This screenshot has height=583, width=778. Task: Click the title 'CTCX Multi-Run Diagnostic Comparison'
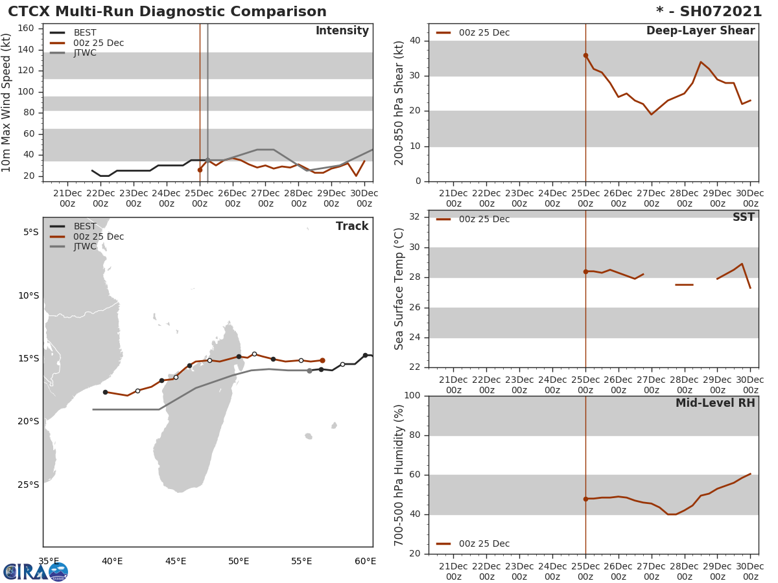[167, 12]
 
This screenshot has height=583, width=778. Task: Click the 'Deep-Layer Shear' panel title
[700, 31]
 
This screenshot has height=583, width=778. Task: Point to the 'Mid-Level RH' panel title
[714, 403]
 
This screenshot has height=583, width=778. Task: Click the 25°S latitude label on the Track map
[29, 485]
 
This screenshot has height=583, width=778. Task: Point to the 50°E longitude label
[239, 561]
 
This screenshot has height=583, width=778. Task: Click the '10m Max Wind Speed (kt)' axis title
[7, 102]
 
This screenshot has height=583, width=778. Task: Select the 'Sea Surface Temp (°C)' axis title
[399, 289]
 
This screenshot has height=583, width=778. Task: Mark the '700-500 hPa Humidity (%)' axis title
[399, 475]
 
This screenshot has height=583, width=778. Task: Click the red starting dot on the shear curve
[585, 56]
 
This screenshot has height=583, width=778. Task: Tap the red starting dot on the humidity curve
[585, 499]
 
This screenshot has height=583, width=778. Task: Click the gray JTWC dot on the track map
[309, 371]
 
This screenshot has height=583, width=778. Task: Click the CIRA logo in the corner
[36, 571]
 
